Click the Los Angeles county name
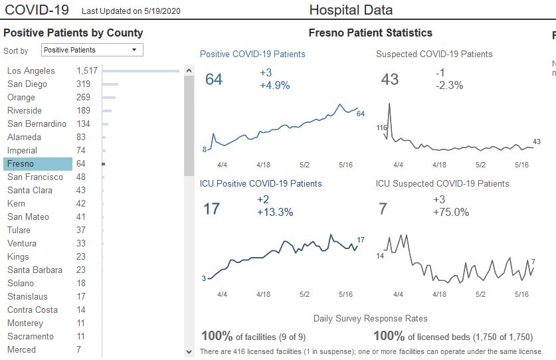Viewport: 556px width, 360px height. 31,71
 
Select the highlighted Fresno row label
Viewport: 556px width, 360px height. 21,164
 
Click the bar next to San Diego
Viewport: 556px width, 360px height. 110,84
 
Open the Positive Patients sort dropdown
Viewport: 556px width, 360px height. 92,50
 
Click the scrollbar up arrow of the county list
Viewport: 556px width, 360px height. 189,70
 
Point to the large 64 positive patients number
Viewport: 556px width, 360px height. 214,80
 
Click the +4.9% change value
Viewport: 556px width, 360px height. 275,85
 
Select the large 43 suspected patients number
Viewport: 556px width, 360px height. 390,80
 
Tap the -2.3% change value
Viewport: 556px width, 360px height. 449,85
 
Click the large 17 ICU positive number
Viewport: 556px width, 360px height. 211,209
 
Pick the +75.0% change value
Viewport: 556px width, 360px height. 451,213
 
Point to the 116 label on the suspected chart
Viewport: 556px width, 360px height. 381,128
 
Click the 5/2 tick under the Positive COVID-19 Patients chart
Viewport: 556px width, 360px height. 305,164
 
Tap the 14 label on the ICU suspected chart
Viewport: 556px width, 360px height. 380,256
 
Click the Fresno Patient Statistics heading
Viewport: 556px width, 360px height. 370,33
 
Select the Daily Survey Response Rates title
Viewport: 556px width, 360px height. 370,319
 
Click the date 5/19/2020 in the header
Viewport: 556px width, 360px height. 162,11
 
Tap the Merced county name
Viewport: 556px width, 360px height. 21,350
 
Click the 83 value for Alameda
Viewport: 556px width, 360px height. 81,137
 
